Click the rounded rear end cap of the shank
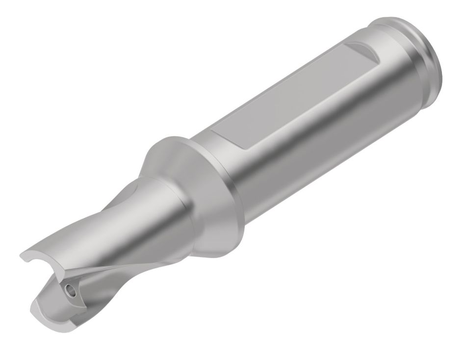click(432, 59)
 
